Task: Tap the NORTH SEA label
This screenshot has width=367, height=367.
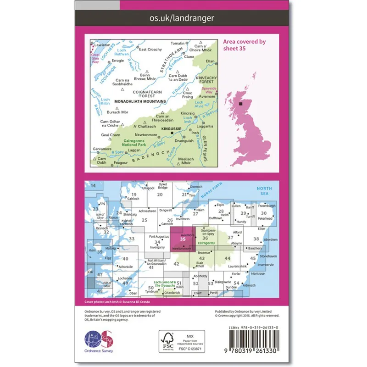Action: pyautogui.click(x=264, y=192)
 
